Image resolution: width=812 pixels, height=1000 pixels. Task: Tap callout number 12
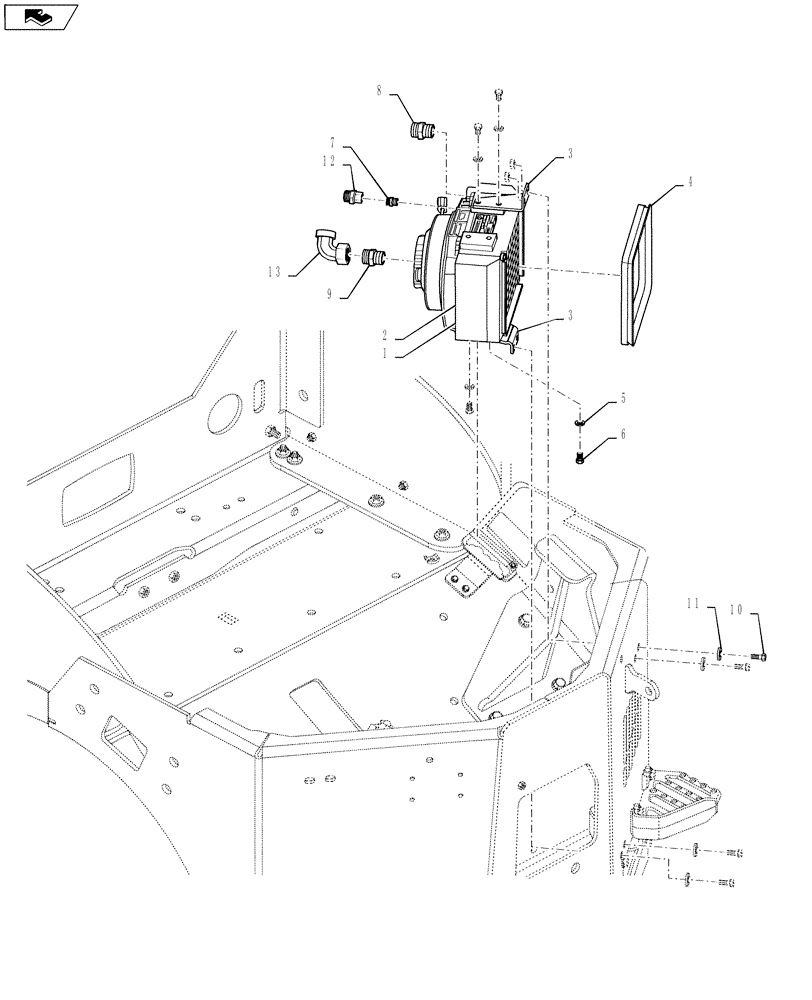pyautogui.click(x=328, y=161)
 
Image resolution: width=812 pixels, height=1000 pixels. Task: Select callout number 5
pyautogui.click(x=625, y=398)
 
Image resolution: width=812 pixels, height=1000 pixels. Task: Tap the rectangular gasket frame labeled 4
pyautogui.click(x=639, y=273)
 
